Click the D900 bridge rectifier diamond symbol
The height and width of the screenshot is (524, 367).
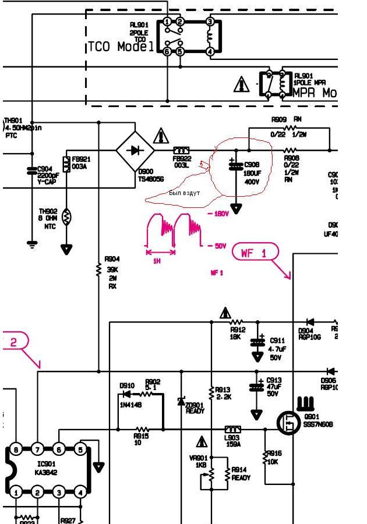tap(135, 150)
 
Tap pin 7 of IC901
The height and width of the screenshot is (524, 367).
tap(37, 449)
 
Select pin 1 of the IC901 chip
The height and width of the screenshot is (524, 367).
tap(16, 493)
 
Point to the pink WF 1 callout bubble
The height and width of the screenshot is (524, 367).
tap(256, 253)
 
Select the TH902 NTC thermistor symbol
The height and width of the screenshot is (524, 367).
tap(66, 217)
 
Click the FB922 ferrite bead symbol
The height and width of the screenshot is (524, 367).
tap(181, 150)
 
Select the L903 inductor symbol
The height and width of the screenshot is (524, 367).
tap(233, 429)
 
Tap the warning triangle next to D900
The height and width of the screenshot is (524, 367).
tap(160, 137)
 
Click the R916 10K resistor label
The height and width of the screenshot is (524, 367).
tap(274, 456)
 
